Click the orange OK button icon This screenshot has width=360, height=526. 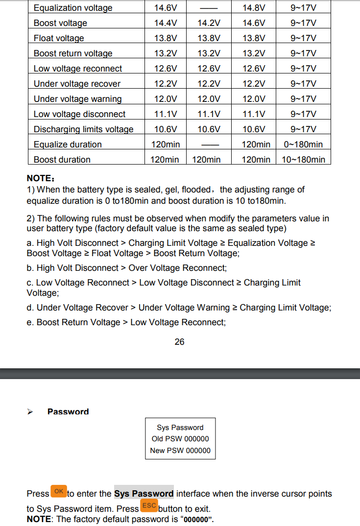point(59,491)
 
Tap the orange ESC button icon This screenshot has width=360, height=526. point(149,506)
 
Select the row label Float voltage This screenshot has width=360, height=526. point(59,38)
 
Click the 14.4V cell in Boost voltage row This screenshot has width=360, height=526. point(166,23)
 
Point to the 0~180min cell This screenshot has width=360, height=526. point(303,144)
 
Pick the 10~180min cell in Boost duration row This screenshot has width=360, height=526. point(303,160)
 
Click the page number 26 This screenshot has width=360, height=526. point(179,342)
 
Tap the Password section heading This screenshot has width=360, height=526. point(68,412)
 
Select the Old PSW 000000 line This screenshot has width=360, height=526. point(180,439)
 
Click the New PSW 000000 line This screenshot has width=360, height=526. point(180,451)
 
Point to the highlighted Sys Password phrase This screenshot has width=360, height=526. point(144,494)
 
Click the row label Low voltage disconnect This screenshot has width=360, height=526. point(79,114)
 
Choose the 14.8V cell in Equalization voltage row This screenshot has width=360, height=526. point(254,8)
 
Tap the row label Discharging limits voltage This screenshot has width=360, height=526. point(83,129)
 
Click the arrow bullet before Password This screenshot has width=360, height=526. point(30,412)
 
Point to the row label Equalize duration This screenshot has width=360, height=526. point(68,144)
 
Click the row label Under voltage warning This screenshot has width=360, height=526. point(77,99)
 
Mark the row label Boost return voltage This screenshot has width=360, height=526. point(73,53)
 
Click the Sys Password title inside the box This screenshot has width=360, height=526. point(180,428)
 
